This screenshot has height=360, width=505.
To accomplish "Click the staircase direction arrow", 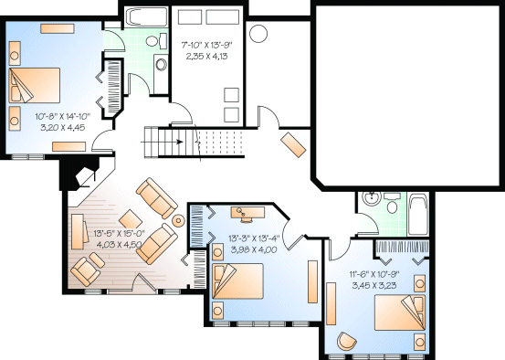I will [x=183, y=142].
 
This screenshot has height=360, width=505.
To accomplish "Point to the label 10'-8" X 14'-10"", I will [x=61, y=116].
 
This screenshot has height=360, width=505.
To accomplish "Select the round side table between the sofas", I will [x=178, y=220].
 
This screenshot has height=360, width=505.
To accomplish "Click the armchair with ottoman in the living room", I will [x=91, y=269].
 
